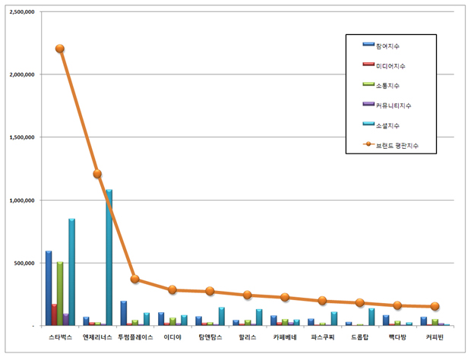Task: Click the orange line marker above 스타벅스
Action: [60, 49]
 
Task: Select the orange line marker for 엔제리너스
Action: [97, 174]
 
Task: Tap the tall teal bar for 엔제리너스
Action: [109, 257]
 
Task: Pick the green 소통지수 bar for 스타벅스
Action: [60, 293]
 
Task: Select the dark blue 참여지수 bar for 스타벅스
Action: [49, 288]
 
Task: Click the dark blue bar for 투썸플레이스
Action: [123, 313]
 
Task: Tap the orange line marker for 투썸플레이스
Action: [134, 279]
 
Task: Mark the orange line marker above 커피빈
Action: [435, 306]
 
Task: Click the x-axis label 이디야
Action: [172, 336]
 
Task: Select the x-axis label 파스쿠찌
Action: [322, 336]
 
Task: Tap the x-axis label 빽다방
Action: [397, 336]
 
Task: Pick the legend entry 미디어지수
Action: [392, 66]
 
